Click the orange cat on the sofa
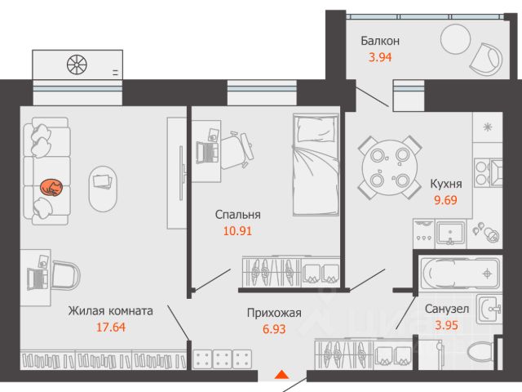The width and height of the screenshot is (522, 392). pos(51,188)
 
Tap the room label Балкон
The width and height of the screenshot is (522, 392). pos(380,41)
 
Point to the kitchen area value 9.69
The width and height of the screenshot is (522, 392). pos(445,201)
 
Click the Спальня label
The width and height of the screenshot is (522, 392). pos(237,214)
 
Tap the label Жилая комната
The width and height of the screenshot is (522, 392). pos(110,310)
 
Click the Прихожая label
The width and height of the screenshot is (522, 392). pos(274,312)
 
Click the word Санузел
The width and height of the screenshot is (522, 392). pos(446,309)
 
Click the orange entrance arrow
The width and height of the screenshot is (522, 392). pos(281,375)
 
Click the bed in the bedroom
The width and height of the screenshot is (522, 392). pos(313,163)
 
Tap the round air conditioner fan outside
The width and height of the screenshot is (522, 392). pos(77,65)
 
